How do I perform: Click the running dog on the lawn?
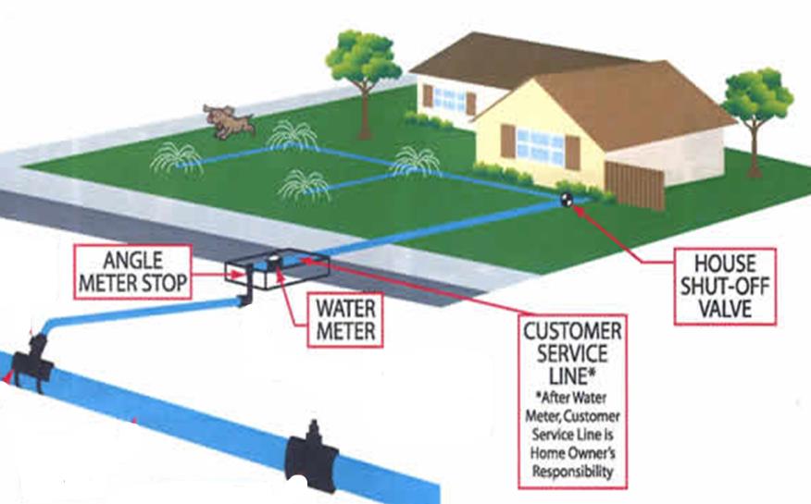pyautogui.click(x=228, y=120)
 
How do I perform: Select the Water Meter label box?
pyautogui.click(x=344, y=317)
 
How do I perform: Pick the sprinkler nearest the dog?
pyautogui.click(x=293, y=138)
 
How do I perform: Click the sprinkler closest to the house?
pyautogui.click(x=415, y=162)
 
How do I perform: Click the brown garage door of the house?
pyautogui.click(x=634, y=184)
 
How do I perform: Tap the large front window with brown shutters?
pyautogui.click(x=540, y=143)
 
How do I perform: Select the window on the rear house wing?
pyautogui.click(x=450, y=96)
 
